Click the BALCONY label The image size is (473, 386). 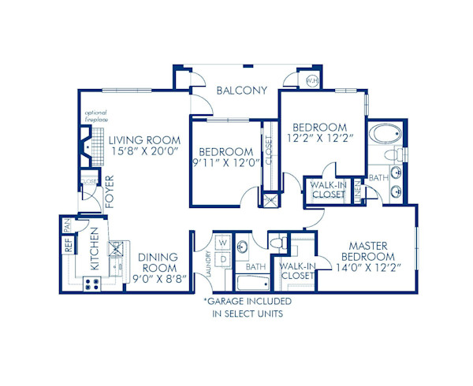241,90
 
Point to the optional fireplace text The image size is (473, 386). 95,118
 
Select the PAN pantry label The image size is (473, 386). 67,225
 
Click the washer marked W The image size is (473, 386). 222,242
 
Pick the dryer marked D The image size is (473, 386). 222,258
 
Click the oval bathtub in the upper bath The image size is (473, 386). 385,135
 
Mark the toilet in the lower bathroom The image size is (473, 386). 277,241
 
